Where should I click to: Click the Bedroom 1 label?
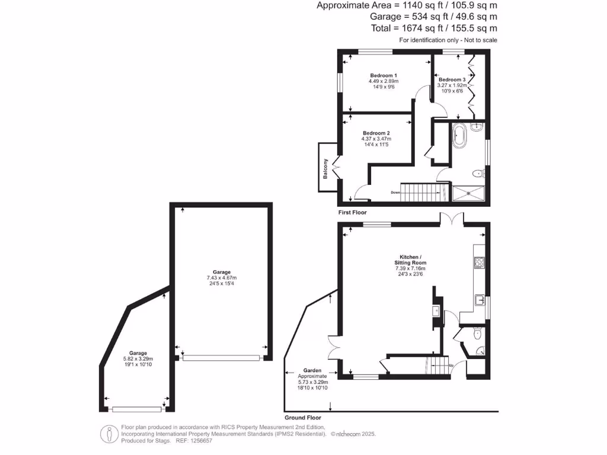tap(384, 75)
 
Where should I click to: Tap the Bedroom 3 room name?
tap(453, 79)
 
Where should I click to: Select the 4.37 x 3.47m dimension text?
tap(376, 139)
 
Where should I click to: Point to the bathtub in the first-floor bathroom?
tap(459, 136)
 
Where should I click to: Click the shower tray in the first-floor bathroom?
tap(468, 192)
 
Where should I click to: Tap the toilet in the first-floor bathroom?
tap(478, 174)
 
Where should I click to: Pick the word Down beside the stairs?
tap(395, 192)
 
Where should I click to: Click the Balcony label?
tap(325, 169)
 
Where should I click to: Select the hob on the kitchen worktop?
tap(478, 261)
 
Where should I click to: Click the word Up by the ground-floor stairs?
tap(452, 365)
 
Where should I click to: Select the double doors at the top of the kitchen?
tap(452, 219)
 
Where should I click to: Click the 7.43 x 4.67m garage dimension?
tap(222, 278)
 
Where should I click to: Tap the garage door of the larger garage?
tap(221, 358)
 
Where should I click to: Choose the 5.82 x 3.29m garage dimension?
tap(139, 359)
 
